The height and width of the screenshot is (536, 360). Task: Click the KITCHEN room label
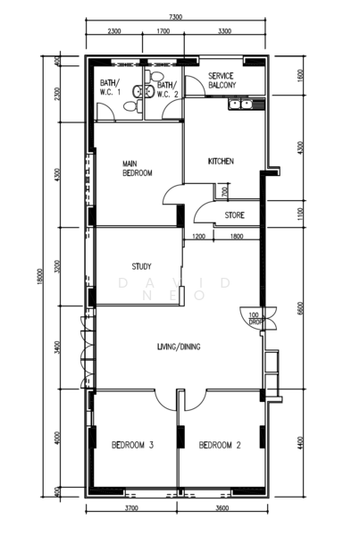click(221, 161)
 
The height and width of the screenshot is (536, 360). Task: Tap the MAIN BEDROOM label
click(138, 168)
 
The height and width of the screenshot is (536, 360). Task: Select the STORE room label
click(234, 215)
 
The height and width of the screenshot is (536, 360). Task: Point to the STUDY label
click(140, 266)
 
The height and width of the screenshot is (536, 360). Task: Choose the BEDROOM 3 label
click(133, 445)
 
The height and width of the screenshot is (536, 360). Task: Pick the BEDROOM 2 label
click(220, 445)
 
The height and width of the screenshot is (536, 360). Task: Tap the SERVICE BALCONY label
click(221, 81)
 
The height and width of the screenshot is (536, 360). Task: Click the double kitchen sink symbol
click(239, 105)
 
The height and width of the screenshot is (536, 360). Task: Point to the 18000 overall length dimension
click(41, 278)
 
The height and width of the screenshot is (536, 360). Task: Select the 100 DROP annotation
click(255, 319)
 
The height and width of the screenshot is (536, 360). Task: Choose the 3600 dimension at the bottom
click(222, 509)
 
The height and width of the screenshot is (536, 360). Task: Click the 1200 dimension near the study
click(198, 237)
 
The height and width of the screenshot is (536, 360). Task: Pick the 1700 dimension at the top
click(163, 31)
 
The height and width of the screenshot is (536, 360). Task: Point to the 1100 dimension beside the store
click(300, 214)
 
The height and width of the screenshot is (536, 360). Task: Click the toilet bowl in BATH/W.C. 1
click(130, 107)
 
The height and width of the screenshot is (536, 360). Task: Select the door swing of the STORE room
click(201, 211)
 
